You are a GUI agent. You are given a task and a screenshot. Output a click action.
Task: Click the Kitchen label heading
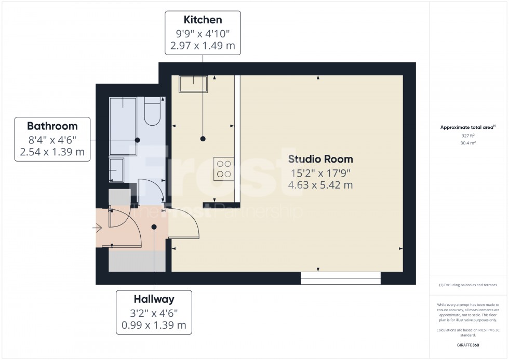(203, 20)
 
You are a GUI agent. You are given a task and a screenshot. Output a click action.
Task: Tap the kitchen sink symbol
(193, 84)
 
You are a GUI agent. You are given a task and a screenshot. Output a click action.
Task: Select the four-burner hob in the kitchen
(224, 169)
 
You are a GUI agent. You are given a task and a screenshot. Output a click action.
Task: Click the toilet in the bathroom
(153, 112)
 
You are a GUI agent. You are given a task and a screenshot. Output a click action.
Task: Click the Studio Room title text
(320, 159)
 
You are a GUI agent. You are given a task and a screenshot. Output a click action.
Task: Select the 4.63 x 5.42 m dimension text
(320, 185)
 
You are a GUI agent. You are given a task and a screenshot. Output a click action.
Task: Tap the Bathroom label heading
(52, 126)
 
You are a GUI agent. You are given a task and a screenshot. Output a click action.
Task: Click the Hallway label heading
(154, 299)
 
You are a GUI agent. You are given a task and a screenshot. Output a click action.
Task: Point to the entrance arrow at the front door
(97, 228)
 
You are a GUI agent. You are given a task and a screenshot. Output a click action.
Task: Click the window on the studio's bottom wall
(340, 278)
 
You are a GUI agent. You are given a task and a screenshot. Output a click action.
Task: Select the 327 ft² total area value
(468, 135)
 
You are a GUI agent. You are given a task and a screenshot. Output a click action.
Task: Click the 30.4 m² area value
(468, 142)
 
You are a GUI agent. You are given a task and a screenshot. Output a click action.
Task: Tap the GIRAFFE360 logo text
(468, 344)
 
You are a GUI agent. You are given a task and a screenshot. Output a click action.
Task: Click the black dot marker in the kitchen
(203, 139)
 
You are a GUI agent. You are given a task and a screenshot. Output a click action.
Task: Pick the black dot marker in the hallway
(154, 226)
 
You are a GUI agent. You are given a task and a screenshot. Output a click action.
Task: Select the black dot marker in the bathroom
(137, 140)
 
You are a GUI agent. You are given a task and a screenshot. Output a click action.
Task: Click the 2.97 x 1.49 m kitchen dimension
(203, 46)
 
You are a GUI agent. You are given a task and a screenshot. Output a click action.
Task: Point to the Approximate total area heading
(467, 127)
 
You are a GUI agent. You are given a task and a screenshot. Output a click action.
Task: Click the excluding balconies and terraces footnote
(468, 285)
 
